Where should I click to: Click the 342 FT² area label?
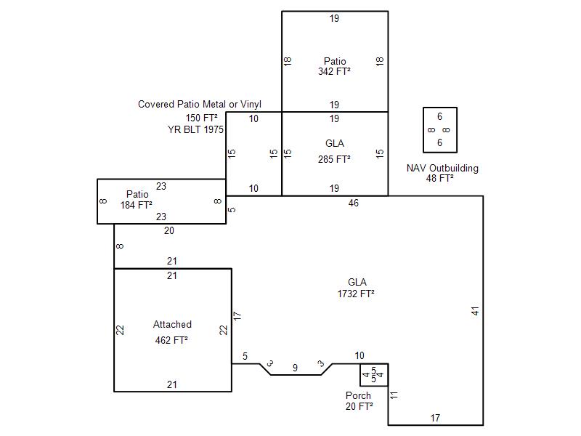tap(334, 72)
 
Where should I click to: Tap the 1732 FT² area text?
tap(356, 294)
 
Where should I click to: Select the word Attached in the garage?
tap(172, 325)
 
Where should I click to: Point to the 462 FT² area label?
tap(172, 339)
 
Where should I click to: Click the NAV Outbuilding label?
tap(442, 169)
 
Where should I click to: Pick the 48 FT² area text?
tap(440, 178)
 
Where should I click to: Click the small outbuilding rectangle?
tap(440, 130)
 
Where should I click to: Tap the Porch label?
tap(358, 396)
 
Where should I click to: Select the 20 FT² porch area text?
tap(359, 406)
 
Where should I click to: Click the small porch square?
tap(374, 375)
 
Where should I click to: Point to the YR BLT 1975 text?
tap(196, 129)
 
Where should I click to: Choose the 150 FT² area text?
tap(202, 118)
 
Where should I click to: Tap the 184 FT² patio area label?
tap(137, 206)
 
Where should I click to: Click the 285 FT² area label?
tap(334, 159)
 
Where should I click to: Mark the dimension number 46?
tap(354, 203)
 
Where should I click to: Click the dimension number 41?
tap(476, 311)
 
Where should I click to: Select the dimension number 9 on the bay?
tap(295, 368)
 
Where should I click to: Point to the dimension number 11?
tap(394, 395)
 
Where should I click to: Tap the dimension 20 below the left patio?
tap(168, 230)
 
